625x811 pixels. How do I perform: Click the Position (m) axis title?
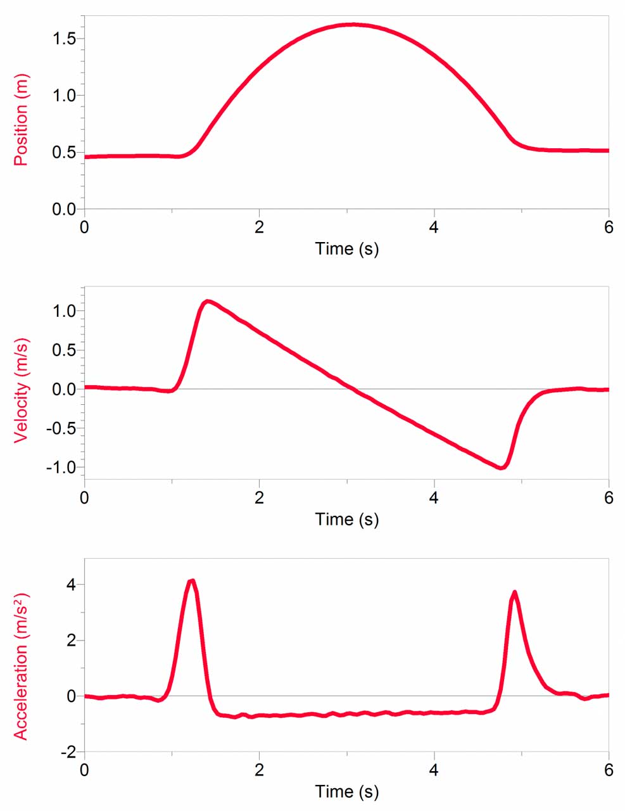click(21, 120)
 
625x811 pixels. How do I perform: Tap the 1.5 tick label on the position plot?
click(63, 39)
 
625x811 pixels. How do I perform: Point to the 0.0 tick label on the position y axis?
click(63, 209)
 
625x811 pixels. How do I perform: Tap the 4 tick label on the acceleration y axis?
click(71, 584)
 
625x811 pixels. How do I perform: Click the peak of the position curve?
click(352, 25)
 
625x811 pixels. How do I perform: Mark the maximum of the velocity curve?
click(207, 301)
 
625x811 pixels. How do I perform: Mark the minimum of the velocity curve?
click(501, 468)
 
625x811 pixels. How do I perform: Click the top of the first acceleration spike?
click(192, 580)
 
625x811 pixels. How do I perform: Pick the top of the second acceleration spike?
click(514, 592)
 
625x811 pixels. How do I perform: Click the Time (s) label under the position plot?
click(346, 248)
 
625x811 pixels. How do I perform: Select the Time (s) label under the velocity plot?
click(346, 520)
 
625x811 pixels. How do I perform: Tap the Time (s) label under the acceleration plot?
click(346, 791)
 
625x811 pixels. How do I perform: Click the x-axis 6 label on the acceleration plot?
click(609, 770)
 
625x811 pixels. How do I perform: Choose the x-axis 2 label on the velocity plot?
click(259, 498)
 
